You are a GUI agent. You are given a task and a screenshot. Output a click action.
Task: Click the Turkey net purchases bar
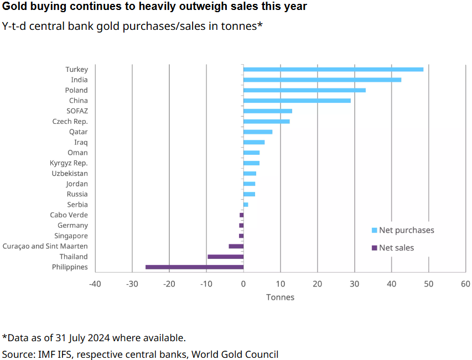click(x=333, y=69)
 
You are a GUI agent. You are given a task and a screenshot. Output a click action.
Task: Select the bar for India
click(x=322, y=80)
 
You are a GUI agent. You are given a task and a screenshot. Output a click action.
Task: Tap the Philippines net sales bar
click(x=194, y=267)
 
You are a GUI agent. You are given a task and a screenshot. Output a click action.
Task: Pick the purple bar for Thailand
click(x=225, y=257)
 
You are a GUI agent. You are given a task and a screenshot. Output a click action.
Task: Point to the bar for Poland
click(x=304, y=90)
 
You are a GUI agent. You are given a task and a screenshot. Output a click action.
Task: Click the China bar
click(x=297, y=101)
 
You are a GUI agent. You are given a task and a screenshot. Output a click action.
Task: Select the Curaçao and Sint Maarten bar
click(x=236, y=246)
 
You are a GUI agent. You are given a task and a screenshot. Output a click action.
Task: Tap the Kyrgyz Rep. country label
click(x=69, y=163)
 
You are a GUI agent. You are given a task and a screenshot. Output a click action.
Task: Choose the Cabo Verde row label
click(x=69, y=215)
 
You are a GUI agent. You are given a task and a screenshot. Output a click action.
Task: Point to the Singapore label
click(x=71, y=236)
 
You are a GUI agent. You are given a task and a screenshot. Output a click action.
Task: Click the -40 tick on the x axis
click(x=95, y=284)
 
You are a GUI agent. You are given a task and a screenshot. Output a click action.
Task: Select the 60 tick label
click(x=465, y=284)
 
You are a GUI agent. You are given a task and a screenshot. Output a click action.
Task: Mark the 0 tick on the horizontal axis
click(x=243, y=284)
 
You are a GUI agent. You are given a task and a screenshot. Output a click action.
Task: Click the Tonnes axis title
click(x=280, y=298)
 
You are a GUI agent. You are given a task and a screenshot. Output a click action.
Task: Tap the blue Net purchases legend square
click(x=374, y=231)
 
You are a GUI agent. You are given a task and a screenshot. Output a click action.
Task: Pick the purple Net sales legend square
click(x=374, y=248)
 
